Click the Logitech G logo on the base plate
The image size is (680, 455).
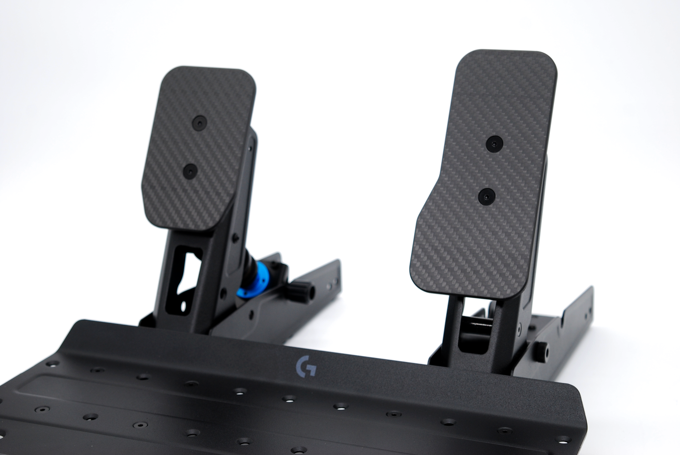tap(305, 367)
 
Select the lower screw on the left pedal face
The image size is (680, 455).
tap(189, 170)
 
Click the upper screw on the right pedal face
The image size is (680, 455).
tap(494, 143)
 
